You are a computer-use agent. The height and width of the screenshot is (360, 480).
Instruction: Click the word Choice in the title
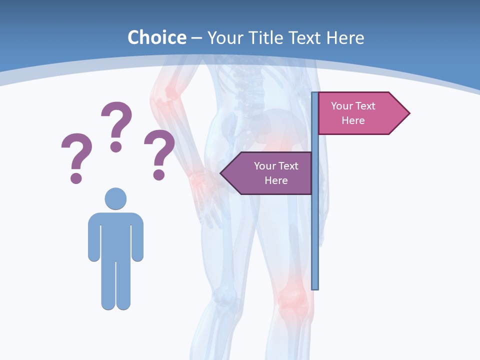[156, 37]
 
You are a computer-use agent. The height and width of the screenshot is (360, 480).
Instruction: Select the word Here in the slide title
[345, 37]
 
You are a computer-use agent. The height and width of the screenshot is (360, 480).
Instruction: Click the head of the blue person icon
[115, 198]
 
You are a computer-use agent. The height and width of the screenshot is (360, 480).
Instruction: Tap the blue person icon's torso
[115, 235]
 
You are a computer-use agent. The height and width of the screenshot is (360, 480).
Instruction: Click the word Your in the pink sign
[342, 106]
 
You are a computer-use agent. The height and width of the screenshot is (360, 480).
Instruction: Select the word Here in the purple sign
[276, 180]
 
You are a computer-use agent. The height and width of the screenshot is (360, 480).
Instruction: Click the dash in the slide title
[196, 38]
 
